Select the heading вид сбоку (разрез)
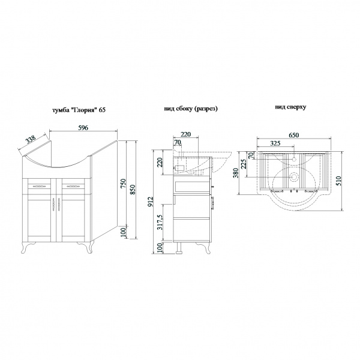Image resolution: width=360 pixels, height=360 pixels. coord(190,109)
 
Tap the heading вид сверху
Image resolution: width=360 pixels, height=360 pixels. coord(292,107)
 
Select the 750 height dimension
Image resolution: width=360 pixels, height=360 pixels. coord(124,184)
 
